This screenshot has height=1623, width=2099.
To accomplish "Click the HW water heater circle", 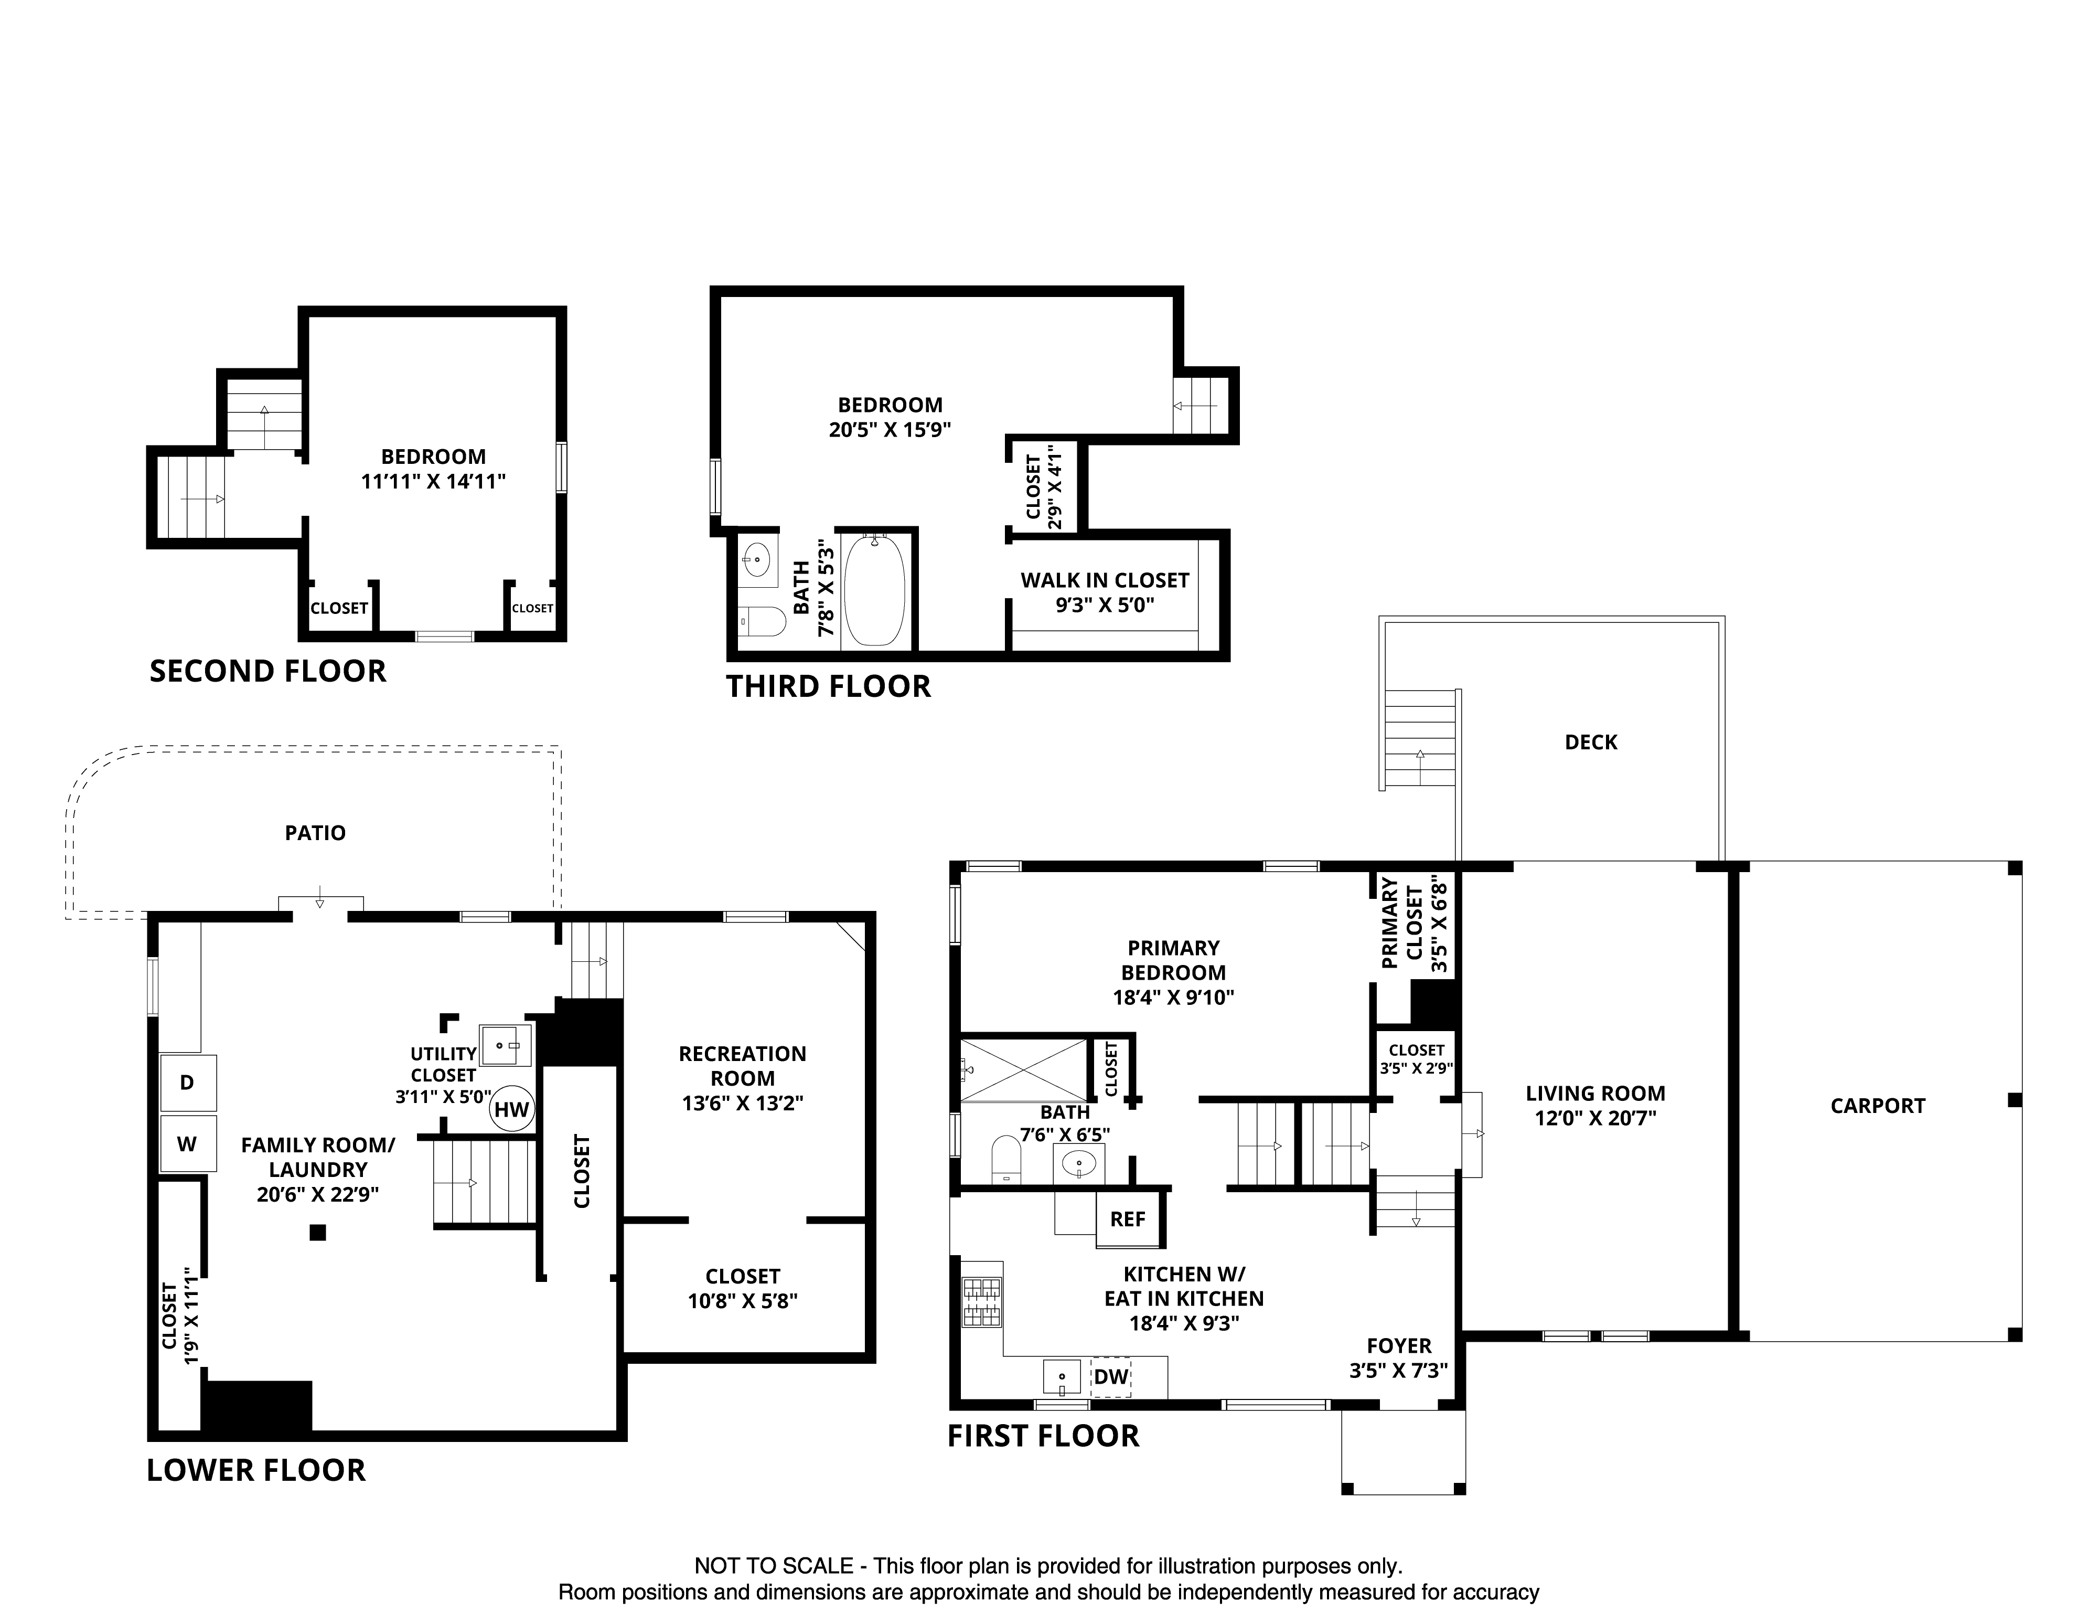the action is [x=512, y=1110].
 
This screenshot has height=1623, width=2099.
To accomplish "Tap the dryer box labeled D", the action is [x=187, y=1083].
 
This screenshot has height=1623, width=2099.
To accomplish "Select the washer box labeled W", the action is [x=187, y=1143].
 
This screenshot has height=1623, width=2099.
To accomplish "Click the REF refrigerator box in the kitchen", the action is [x=1128, y=1219].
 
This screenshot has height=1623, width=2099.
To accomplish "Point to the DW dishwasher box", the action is [x=1110, y=1377].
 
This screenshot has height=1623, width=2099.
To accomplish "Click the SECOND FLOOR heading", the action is [x=268, y=671].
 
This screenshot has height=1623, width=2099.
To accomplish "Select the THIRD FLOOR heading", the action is [x=829, y=686].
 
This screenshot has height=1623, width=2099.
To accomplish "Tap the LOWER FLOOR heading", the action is [x=256, y=1470].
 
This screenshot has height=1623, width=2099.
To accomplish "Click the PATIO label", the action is [x=315, y=833].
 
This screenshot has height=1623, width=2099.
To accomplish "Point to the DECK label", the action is [x=1591, y=742].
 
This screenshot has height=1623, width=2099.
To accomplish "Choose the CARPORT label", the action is [x=1878, y=1106].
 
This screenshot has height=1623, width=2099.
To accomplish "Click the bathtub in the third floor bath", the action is [x=875, y=590].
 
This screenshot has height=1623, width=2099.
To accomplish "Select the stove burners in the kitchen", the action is [x=981, y=1302].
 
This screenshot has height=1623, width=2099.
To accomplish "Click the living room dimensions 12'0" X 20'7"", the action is [x=1595, y=1118].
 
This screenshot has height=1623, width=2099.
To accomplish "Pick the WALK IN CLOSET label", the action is [x=1105, y=581].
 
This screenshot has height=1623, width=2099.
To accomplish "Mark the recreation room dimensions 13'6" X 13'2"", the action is [x=743, y=1103].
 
